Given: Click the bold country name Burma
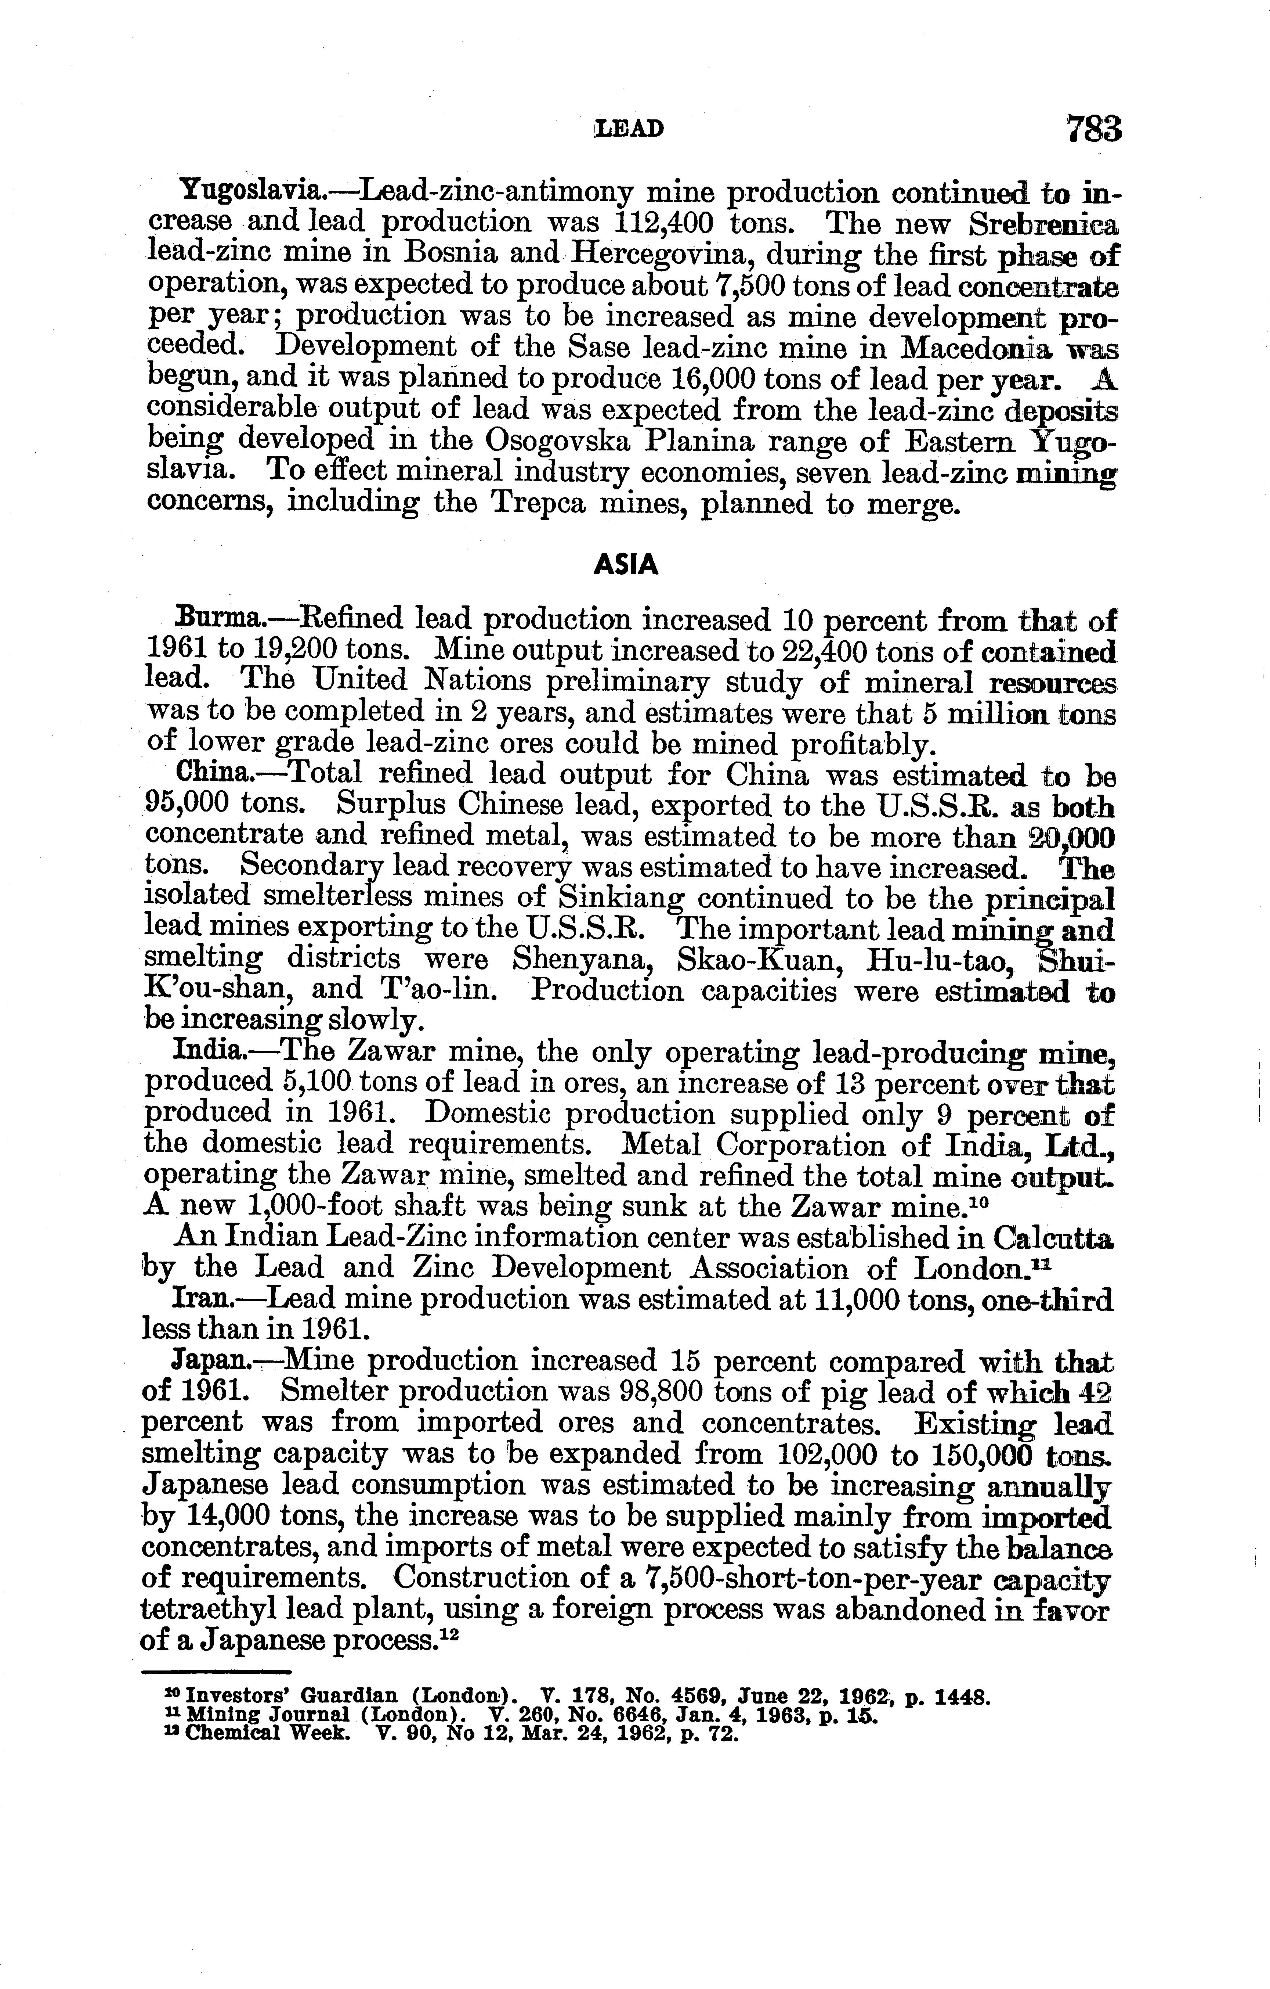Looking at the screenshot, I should tap(220, 618).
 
